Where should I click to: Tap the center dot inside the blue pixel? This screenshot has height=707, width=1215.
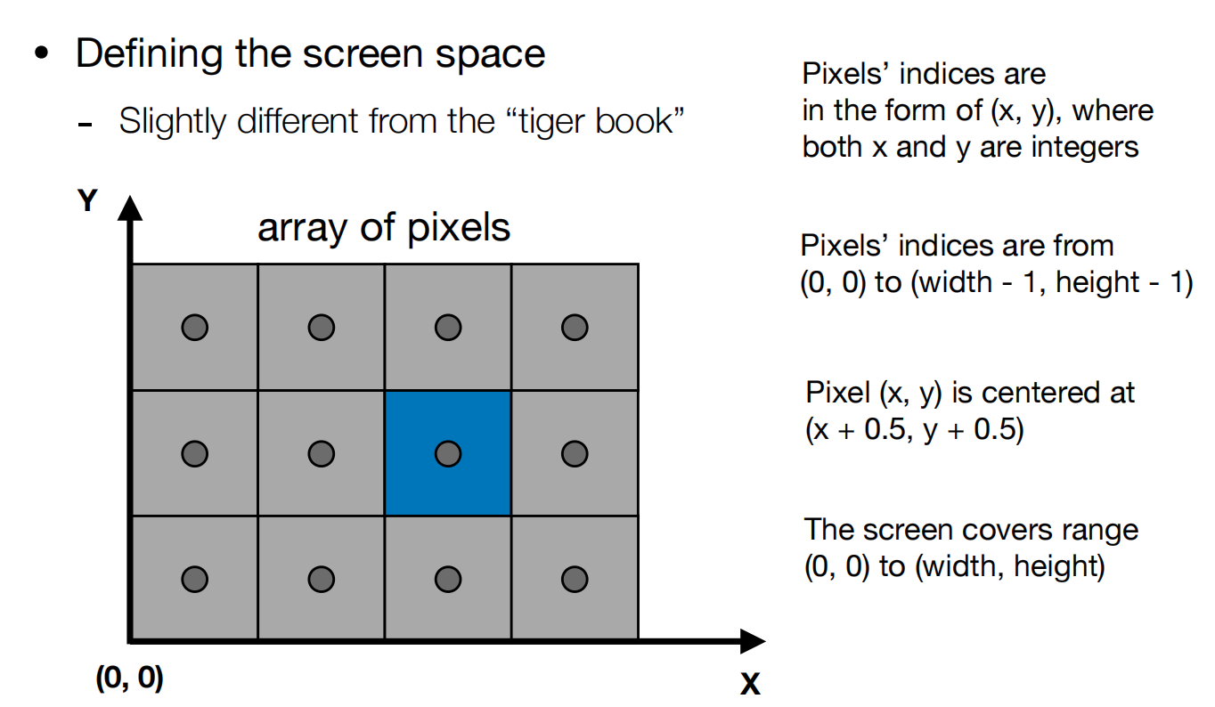point(447,453)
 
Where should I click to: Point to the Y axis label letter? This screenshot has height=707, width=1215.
point(86,202)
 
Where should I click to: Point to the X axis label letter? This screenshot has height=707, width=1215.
point(750,684)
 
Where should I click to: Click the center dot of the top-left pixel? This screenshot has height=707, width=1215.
point(194,328)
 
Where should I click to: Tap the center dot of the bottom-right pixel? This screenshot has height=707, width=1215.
point(575,580)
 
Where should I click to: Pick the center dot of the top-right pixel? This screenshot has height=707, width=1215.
point(575,328)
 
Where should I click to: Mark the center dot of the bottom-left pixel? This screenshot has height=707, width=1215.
point(194,580)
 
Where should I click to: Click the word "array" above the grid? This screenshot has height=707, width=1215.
point(298,229)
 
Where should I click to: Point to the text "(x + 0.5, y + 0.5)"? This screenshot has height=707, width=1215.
point(915,430)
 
